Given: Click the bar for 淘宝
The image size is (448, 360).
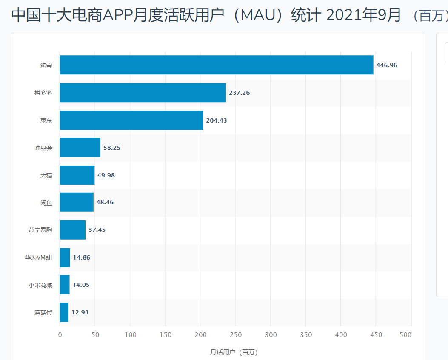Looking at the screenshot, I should pos(216,65).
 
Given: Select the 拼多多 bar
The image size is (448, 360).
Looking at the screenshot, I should pos(143,93).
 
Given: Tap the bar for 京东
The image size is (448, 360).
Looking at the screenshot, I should pos(131,120).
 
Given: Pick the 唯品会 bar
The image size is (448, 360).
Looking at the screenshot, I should pos(80,148).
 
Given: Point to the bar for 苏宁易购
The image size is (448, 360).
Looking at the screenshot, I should pos(72,230).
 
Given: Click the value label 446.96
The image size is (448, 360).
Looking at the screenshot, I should pos(386,65).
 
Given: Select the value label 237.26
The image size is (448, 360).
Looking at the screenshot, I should pos(239,93).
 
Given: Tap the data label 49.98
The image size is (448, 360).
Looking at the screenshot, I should pos(106,175).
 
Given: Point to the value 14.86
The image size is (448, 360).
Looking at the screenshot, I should pos(81,257).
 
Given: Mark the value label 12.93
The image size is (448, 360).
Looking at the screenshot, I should pos(80,312).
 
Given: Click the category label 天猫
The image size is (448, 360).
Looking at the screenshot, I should pos(46,175).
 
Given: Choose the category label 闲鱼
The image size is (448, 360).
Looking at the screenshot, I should pos(46,203).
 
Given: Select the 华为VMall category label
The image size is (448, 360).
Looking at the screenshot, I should pos(38,257).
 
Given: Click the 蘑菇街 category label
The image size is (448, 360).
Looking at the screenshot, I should pos(43,312).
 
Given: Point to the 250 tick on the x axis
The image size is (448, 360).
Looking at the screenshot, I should pos(235,335).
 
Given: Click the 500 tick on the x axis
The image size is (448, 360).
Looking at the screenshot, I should pos(405,335).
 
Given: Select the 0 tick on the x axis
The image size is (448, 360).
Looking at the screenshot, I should pos(60,335).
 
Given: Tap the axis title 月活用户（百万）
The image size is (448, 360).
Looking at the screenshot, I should pos(234,352).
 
